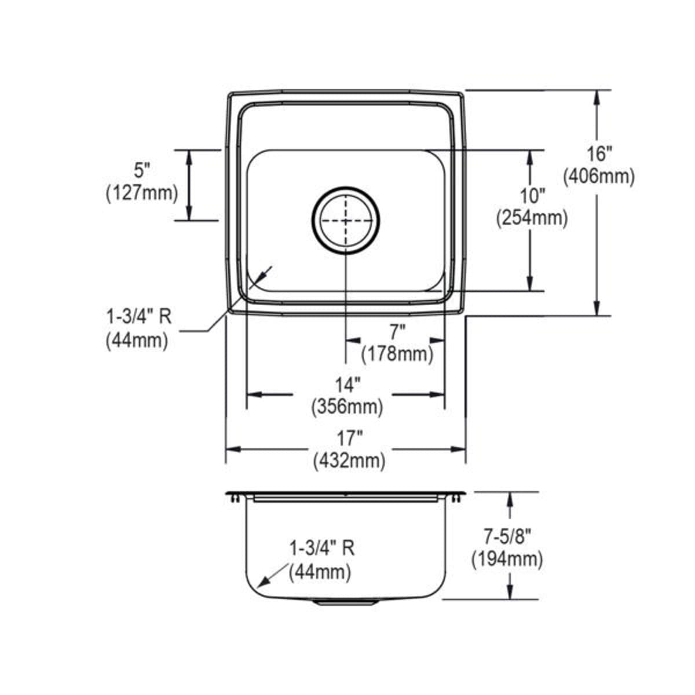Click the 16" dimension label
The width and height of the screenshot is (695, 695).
coord(599,155)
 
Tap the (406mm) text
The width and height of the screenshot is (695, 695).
coord(599,177)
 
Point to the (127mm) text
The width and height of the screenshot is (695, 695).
coord(142,193)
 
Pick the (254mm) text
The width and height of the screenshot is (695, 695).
coord(532,218)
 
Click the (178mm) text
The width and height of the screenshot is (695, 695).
coord(397,354)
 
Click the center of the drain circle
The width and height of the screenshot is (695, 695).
coord(346,220)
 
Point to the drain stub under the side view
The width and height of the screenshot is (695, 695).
coord(346,602)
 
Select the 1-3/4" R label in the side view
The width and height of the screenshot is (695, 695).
coord(322,549)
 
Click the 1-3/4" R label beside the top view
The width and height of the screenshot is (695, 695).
coord(139,317)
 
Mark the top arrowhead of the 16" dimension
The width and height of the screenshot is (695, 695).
coord(597,97)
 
